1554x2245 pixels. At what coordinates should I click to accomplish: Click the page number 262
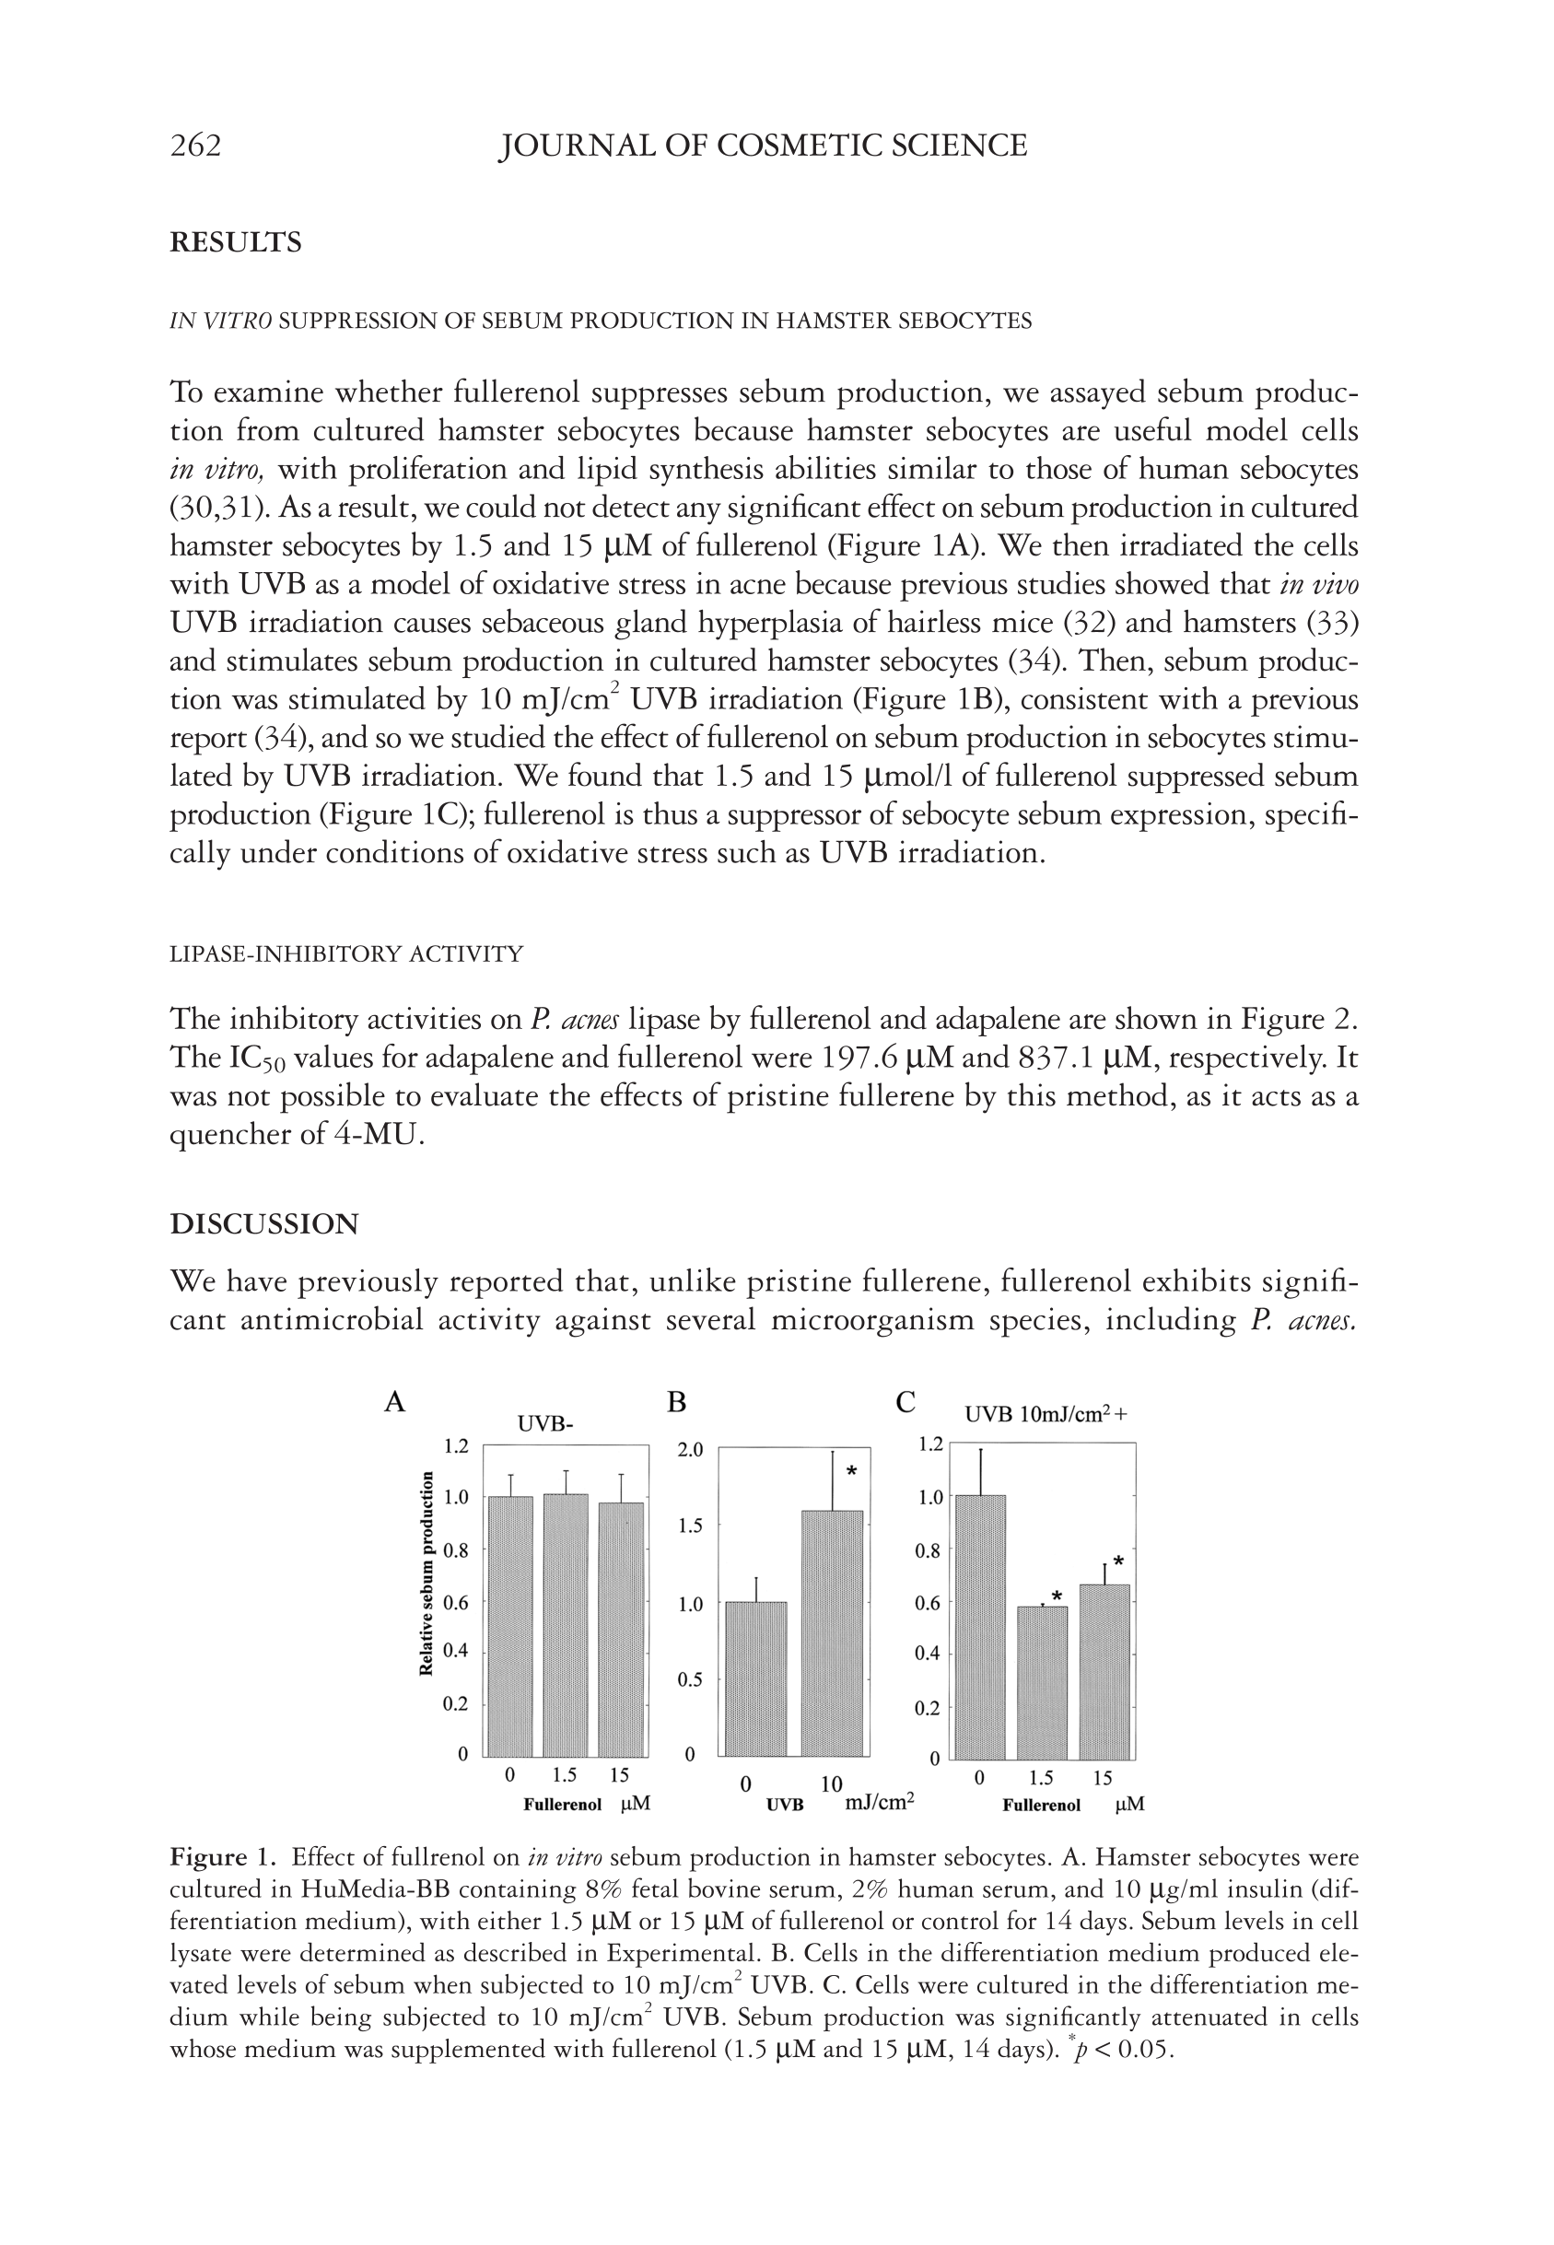[x=195, y=146]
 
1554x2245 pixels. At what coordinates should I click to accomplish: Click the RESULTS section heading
[x=236, y=242]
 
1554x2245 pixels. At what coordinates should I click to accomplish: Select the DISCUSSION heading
[x=263, y=1223]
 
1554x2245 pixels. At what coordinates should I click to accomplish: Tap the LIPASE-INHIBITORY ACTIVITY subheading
[x=345, y=954]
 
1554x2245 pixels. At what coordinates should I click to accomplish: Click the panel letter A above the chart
[x=394, y=1402]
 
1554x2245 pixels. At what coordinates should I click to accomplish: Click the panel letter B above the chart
[x=677, y=1402]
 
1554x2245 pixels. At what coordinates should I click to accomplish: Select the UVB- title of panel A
[x=544, y=1424]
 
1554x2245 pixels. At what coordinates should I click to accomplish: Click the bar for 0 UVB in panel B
[x=756, y=1678]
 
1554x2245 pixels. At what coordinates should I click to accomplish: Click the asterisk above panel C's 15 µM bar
[x=1119, y=1561]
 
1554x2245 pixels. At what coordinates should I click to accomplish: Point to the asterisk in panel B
[x=851, y=1471]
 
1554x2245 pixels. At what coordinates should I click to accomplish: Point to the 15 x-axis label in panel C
[x=1103, y=1779]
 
